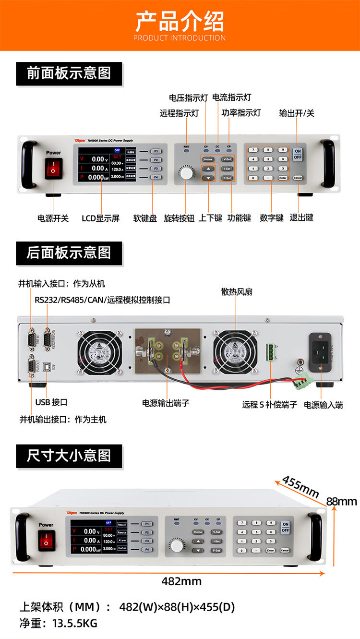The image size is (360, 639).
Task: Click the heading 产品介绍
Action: [180, 21]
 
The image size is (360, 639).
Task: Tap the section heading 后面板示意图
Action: [69, 253]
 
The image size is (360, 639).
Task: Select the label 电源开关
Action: [53, 218]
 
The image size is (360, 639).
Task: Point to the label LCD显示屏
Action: [100, 218]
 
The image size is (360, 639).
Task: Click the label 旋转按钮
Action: [179, 218]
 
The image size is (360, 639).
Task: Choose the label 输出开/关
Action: [297, 113]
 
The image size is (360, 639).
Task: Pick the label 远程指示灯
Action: [179, 113]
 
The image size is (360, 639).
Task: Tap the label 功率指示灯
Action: [241, 113]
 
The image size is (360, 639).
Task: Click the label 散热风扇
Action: [237, 291]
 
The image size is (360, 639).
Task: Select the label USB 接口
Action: [51, 402]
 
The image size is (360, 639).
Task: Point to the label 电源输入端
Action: [324, 405]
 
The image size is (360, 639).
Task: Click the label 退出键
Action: [301, 217]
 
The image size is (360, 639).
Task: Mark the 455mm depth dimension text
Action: [300, 486]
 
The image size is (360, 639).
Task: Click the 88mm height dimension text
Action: [342, 502]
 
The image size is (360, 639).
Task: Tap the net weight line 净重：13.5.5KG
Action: [58, 623]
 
